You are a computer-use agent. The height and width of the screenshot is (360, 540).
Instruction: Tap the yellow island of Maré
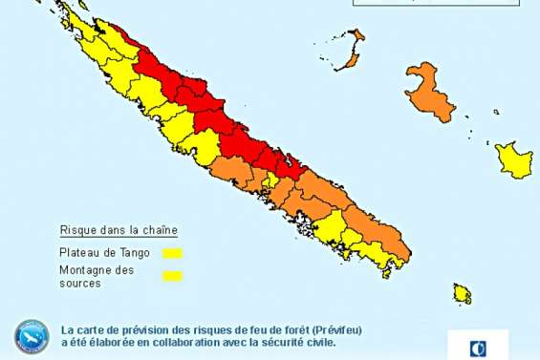[x=513, y=159]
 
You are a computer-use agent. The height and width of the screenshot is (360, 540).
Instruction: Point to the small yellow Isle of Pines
[x=463, y=292]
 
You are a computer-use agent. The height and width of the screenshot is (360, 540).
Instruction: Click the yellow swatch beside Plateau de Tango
[x=172, y=253]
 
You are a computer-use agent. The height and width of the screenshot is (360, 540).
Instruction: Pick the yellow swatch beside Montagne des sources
[x=172, y=277]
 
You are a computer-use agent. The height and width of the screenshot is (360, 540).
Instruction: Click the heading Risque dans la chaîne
[x=119, y=230]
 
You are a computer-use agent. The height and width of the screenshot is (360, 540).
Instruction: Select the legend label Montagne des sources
[x=97, y=277]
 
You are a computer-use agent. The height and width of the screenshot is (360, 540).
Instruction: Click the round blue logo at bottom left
[x=32, y=335]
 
